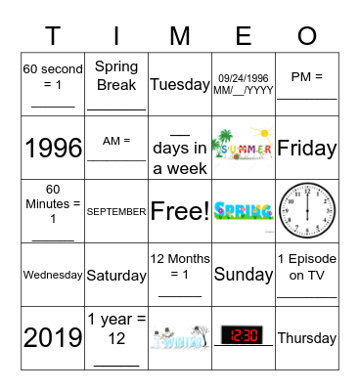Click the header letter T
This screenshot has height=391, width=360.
(x=53, y=36)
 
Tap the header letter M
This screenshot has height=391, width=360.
(x=180, y=36)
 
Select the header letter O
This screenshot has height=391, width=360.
(x=307, y=36)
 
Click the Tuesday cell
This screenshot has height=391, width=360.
(x=180, y=84)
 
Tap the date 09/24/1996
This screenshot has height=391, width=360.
(x=244, y=78)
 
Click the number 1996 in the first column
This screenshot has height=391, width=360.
(x=53, y=148)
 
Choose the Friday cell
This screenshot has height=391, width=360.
(x=307, y=148)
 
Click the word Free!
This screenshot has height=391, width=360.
(x=180, y=211)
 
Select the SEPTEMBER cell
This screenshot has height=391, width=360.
(x=116, y=211)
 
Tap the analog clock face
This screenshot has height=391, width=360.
(x=307, y=210)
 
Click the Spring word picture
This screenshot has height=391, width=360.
(x=244, y=210)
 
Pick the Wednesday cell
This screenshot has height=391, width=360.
(x=53, y=275)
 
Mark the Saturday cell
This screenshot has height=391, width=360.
(x=116, y=275)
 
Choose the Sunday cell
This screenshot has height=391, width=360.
(x=244, y=275)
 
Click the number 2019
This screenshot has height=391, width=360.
(x=53, y=338)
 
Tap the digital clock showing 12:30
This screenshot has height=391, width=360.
(x=244, y=337)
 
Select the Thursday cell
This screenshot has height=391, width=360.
(x=307, y=338)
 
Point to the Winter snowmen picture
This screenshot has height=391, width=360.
(x=180, y=338)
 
